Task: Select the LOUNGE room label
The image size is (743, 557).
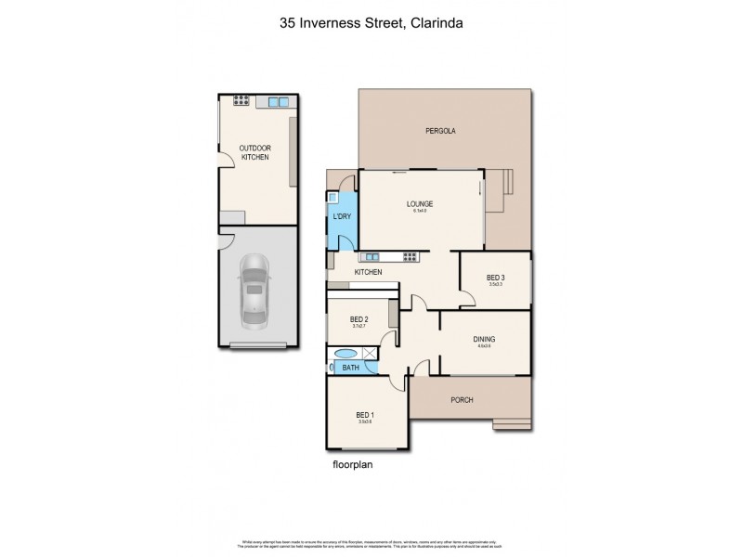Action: click(x=420, y=204)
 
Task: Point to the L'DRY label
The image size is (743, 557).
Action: click(x=342, y=217)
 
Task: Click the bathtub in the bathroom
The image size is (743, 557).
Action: click(x=345, y=354)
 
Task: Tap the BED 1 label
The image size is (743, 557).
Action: click(x=366, y=415)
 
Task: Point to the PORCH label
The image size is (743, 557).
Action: click(x=462, y=400)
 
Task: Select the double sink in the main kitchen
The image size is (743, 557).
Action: click(x=371, y=256)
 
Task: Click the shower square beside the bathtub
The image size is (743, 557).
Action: click(x=369, y=353)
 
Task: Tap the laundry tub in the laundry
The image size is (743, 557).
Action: click(x=332, y=197)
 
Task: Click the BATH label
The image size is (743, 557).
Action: click(x=350, y=369)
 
